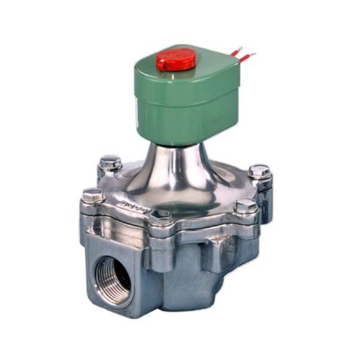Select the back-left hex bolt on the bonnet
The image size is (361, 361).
tap(110, 163)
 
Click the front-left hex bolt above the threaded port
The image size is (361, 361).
tap(92, 196)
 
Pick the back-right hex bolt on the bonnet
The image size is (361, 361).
tap(259, 173)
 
